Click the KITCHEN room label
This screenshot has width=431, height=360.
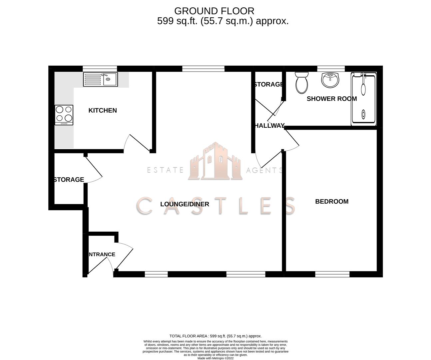coord(103,110)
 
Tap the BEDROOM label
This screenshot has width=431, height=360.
coord(332,201)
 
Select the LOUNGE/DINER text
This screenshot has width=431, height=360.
coord(185,204)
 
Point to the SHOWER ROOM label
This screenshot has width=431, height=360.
coord(332,99)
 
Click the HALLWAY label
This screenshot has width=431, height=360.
coord(269,126)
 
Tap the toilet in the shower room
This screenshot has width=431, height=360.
coord(302,83)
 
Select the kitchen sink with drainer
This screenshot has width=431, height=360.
coord(101,79)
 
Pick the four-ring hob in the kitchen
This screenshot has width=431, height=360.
coord(64,115)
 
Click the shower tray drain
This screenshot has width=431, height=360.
coord(363,114)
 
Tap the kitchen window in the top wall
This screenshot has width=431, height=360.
coord(100,69)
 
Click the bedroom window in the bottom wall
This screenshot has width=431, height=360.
coord(332,274)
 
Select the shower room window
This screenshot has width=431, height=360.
coord(331,69)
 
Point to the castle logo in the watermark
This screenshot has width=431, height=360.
coord(215,161)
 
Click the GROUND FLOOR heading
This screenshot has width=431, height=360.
coord(214,11)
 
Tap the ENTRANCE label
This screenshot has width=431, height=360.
coord(102,254)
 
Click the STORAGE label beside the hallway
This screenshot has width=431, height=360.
coord(268,84)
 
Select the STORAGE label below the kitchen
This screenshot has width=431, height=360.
coord(69,179)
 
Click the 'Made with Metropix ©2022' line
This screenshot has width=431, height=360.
coord(215,358)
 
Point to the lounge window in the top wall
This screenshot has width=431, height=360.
coord(203,69)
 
